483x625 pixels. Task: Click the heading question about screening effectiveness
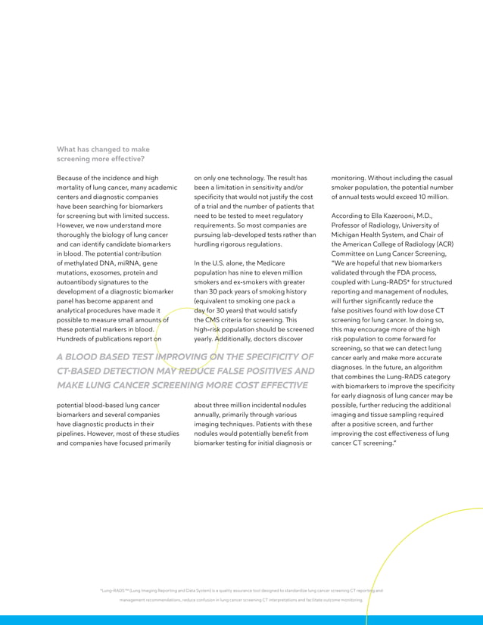[x=103, y=154]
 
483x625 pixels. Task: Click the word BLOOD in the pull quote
[x=88, y=357]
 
